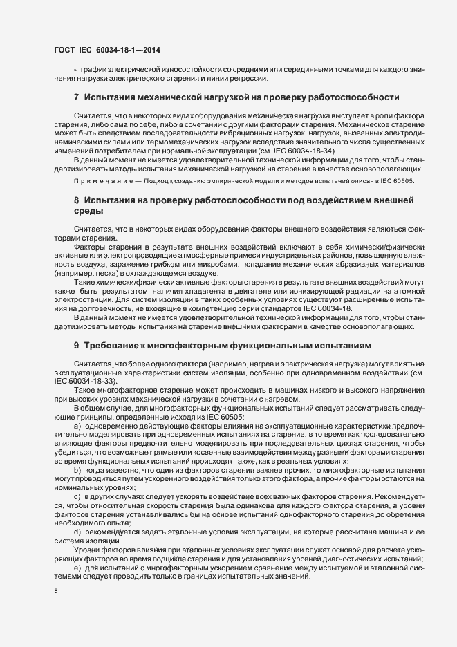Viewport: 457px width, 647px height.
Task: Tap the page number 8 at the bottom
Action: [x=56, y=591]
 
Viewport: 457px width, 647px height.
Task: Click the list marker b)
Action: [x=77, y=470]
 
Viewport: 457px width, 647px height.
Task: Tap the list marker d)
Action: [x=77, y=531]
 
